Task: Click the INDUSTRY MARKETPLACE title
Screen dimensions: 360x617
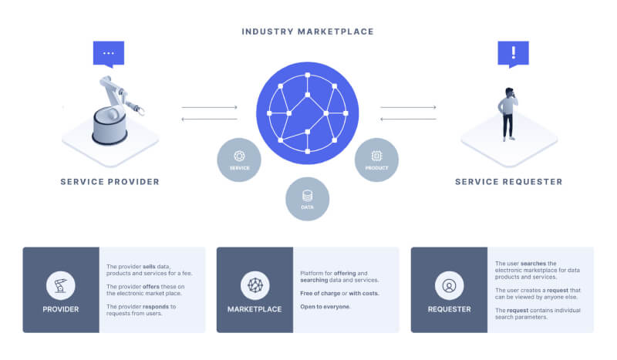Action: click(x=308, y=32)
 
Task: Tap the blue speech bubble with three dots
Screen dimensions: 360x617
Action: click(x=108, y=53)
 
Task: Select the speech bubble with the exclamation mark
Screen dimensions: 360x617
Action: click(x=513, y=53)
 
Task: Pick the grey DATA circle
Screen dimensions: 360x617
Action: click(x=308, y=199)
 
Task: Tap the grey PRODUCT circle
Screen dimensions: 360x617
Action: click(x=376, y=160)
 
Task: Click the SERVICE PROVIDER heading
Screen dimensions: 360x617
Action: click(x=110, y=182)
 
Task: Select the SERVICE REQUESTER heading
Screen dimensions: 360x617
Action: click(x=508, y=182)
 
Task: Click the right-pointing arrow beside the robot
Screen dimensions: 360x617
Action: click(x=209, y=107)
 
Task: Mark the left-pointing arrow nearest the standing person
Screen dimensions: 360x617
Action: click(x=409, y=119)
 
